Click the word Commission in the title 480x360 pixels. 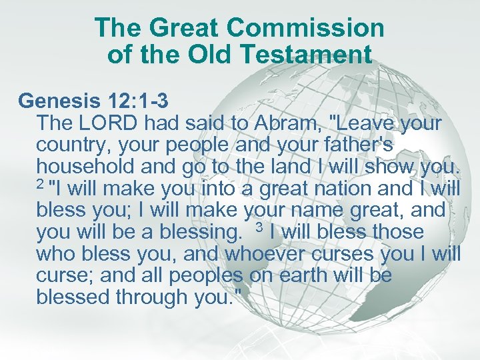pyautogui.click(x=305, y=28)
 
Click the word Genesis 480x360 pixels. pyautogui.click(x=58, y=101)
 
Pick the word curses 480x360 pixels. pyautogui.click(x=345, y=254)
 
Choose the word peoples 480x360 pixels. pyautogui.click(x=207, y=276)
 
